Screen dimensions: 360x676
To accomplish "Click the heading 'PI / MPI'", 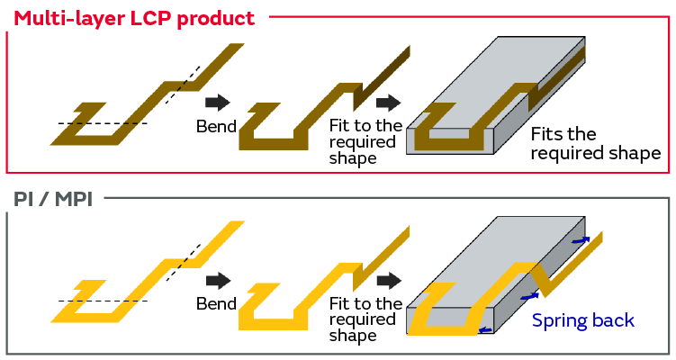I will click(55, 199).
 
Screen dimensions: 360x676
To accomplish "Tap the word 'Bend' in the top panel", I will click(216, 126).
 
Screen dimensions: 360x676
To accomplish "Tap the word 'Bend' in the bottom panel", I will click(216, 304).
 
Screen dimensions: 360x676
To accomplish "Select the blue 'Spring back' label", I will click(582, 320).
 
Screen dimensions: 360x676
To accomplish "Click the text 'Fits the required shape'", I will click(595, 144).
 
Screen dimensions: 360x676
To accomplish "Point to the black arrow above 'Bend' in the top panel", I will click(217, 102).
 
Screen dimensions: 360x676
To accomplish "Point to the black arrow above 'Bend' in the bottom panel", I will click(217, 280).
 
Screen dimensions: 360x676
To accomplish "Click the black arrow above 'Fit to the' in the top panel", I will click(388, 102).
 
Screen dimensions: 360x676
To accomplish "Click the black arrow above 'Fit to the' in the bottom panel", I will click(388, 280).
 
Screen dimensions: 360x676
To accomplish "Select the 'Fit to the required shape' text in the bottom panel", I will click(365, 319).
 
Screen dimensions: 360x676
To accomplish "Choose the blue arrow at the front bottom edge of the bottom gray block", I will click(485, 330).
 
